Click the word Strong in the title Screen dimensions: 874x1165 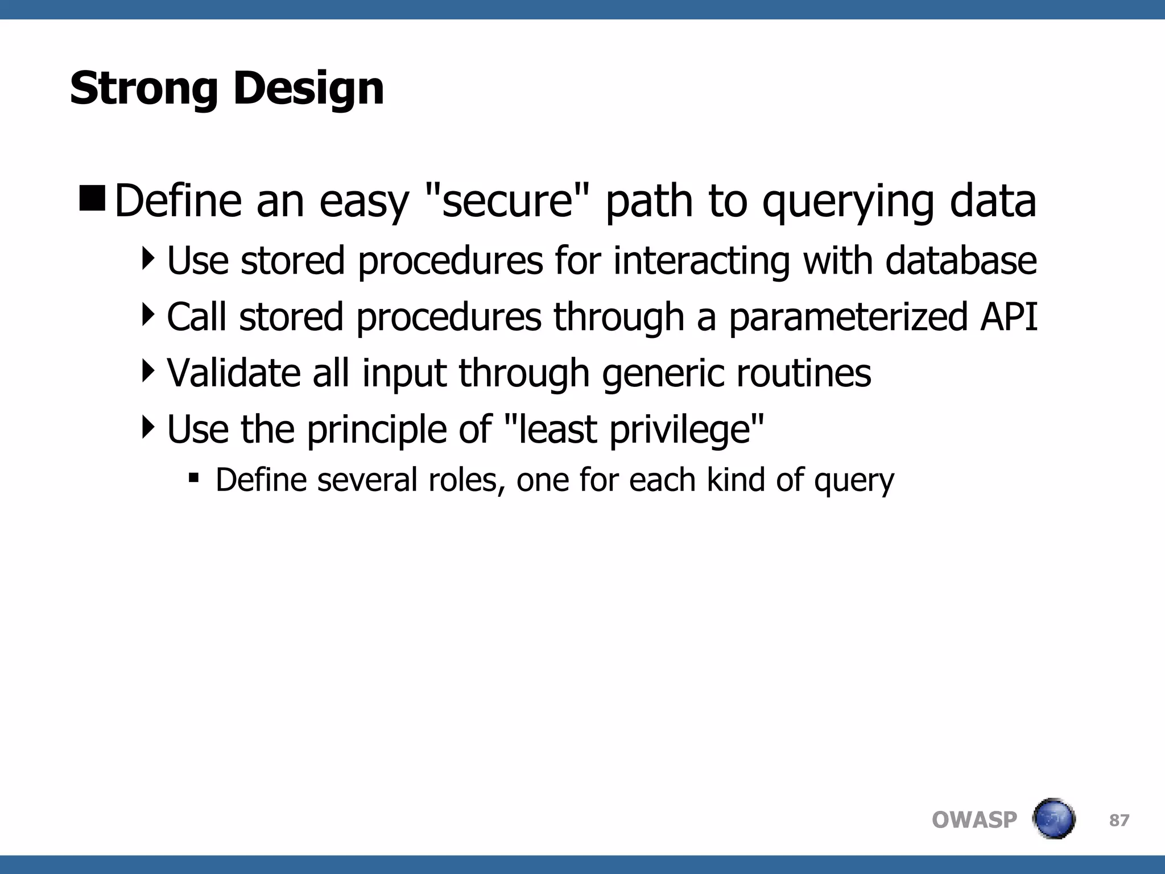(143, 89)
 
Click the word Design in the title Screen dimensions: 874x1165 (309, 89)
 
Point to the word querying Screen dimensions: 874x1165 (848, 203)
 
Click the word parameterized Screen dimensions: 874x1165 (848, 318)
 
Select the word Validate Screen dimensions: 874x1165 (233, 373)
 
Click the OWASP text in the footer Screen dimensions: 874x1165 (974, 820)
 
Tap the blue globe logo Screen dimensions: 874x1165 (1054, 819)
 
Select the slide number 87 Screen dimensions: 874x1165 (1119, 820)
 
